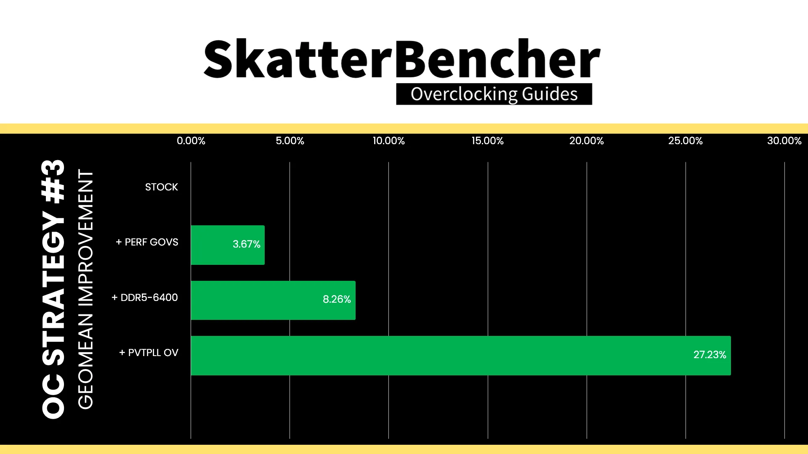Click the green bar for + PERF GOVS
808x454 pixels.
click(x=228, y=245)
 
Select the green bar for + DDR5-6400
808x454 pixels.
click(x=273, y=300)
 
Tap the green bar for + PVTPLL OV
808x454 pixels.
click(x=461, y=356)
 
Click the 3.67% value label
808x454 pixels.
click(x=247, y=244)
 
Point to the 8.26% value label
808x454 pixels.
click(x=337, y=299)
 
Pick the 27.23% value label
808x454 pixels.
click(x=710, y=355)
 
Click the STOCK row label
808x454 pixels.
click(x=162, y=187)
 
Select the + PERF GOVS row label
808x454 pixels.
click(x=147, y=242)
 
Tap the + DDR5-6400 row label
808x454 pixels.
click(x=144, y=298)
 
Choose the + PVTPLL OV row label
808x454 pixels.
click(x=149, y=353)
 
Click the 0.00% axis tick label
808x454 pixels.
click(x=191, y=141)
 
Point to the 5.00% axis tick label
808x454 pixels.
click(x=290, y=141)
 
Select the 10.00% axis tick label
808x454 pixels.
click(x=389, y=141)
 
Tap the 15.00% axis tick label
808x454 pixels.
click(x=488, y=141)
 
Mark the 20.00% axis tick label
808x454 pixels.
click(x=587, y=141)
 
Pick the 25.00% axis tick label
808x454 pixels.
click(x=686, y=141)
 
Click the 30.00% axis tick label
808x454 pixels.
click(x=784, y=141)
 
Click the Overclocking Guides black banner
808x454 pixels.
click(x=494, y=94)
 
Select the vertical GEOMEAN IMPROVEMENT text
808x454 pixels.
click(x=85, y=289)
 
